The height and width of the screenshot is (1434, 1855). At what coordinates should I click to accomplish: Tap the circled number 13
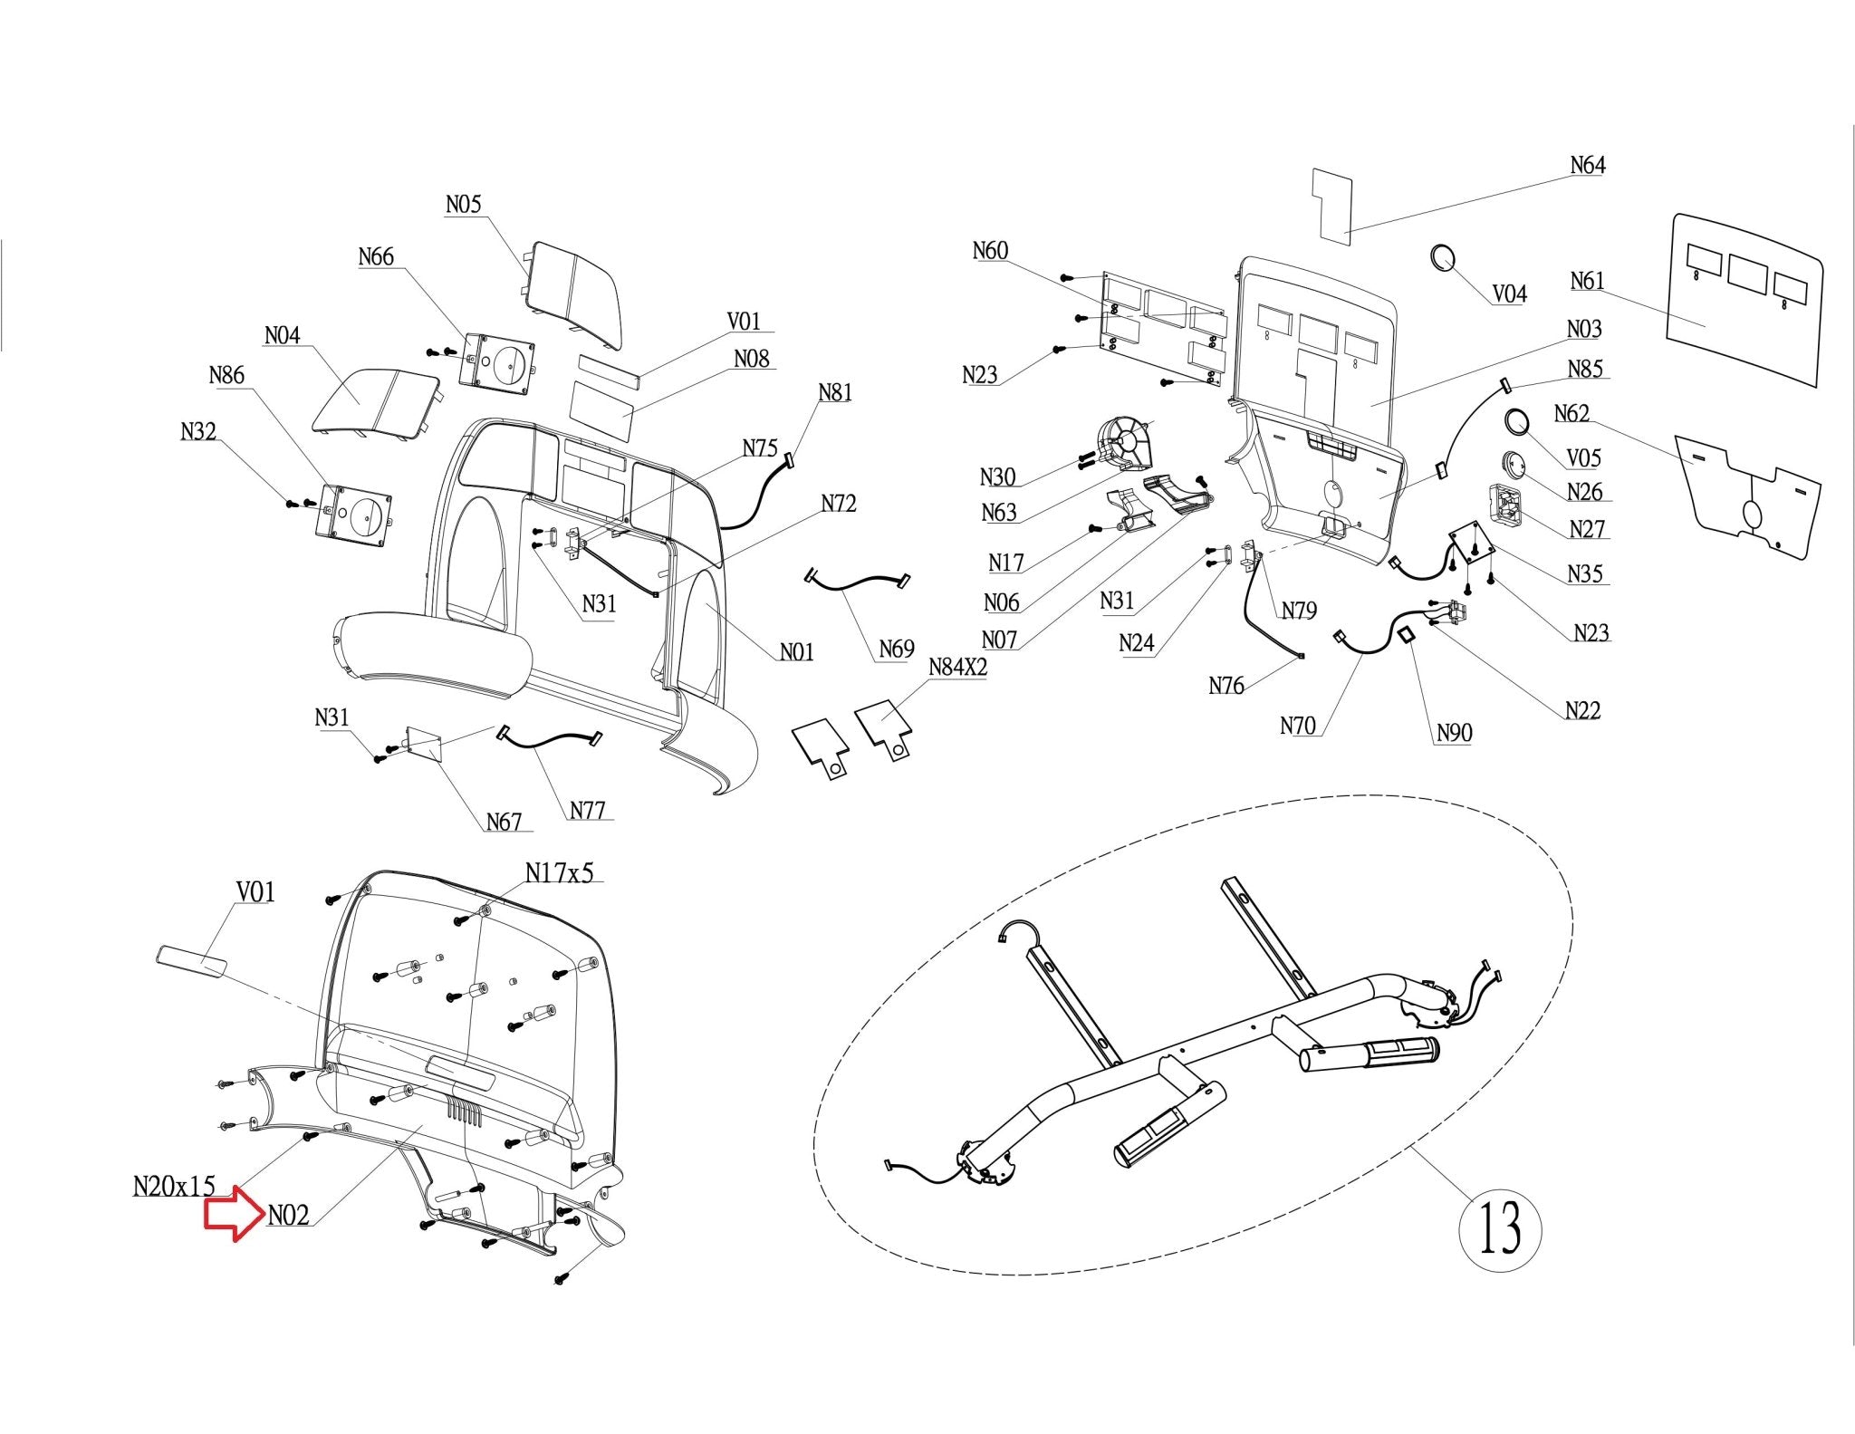[x=1500, y=1227]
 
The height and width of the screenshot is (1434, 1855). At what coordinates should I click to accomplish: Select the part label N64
[x=1587, y=165]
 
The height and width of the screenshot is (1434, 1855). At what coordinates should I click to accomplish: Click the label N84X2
[x=957, y=668]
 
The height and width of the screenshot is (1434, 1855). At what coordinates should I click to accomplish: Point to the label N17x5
[x=559, y=872]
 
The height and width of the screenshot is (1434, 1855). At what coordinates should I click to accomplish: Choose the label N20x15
[x=174, y=1186]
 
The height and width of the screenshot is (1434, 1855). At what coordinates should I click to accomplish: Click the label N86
[x=226, y=375]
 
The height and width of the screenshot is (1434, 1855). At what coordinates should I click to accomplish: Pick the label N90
[x=1454, y=733]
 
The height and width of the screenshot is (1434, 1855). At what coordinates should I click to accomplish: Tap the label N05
[x=463, y=205]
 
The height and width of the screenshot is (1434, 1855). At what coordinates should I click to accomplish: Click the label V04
[x=1509, y=294]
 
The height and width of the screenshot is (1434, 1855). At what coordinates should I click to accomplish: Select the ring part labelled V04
[x=1442, y=256]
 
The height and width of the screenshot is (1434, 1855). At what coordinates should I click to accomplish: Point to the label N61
[x=1587, y=281]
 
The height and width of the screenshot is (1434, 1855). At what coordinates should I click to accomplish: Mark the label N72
[x=839, y=504]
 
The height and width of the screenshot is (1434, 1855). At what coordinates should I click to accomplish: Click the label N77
[x=587, y=810]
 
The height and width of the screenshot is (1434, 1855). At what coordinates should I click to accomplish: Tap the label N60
[x=990, y=251]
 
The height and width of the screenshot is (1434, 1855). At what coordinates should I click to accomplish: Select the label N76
[x=1226, y=686]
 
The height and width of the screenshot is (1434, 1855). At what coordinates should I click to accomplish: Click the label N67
[x=504, y=822]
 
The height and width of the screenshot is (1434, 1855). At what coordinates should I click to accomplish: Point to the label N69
[x=896, y=649]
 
